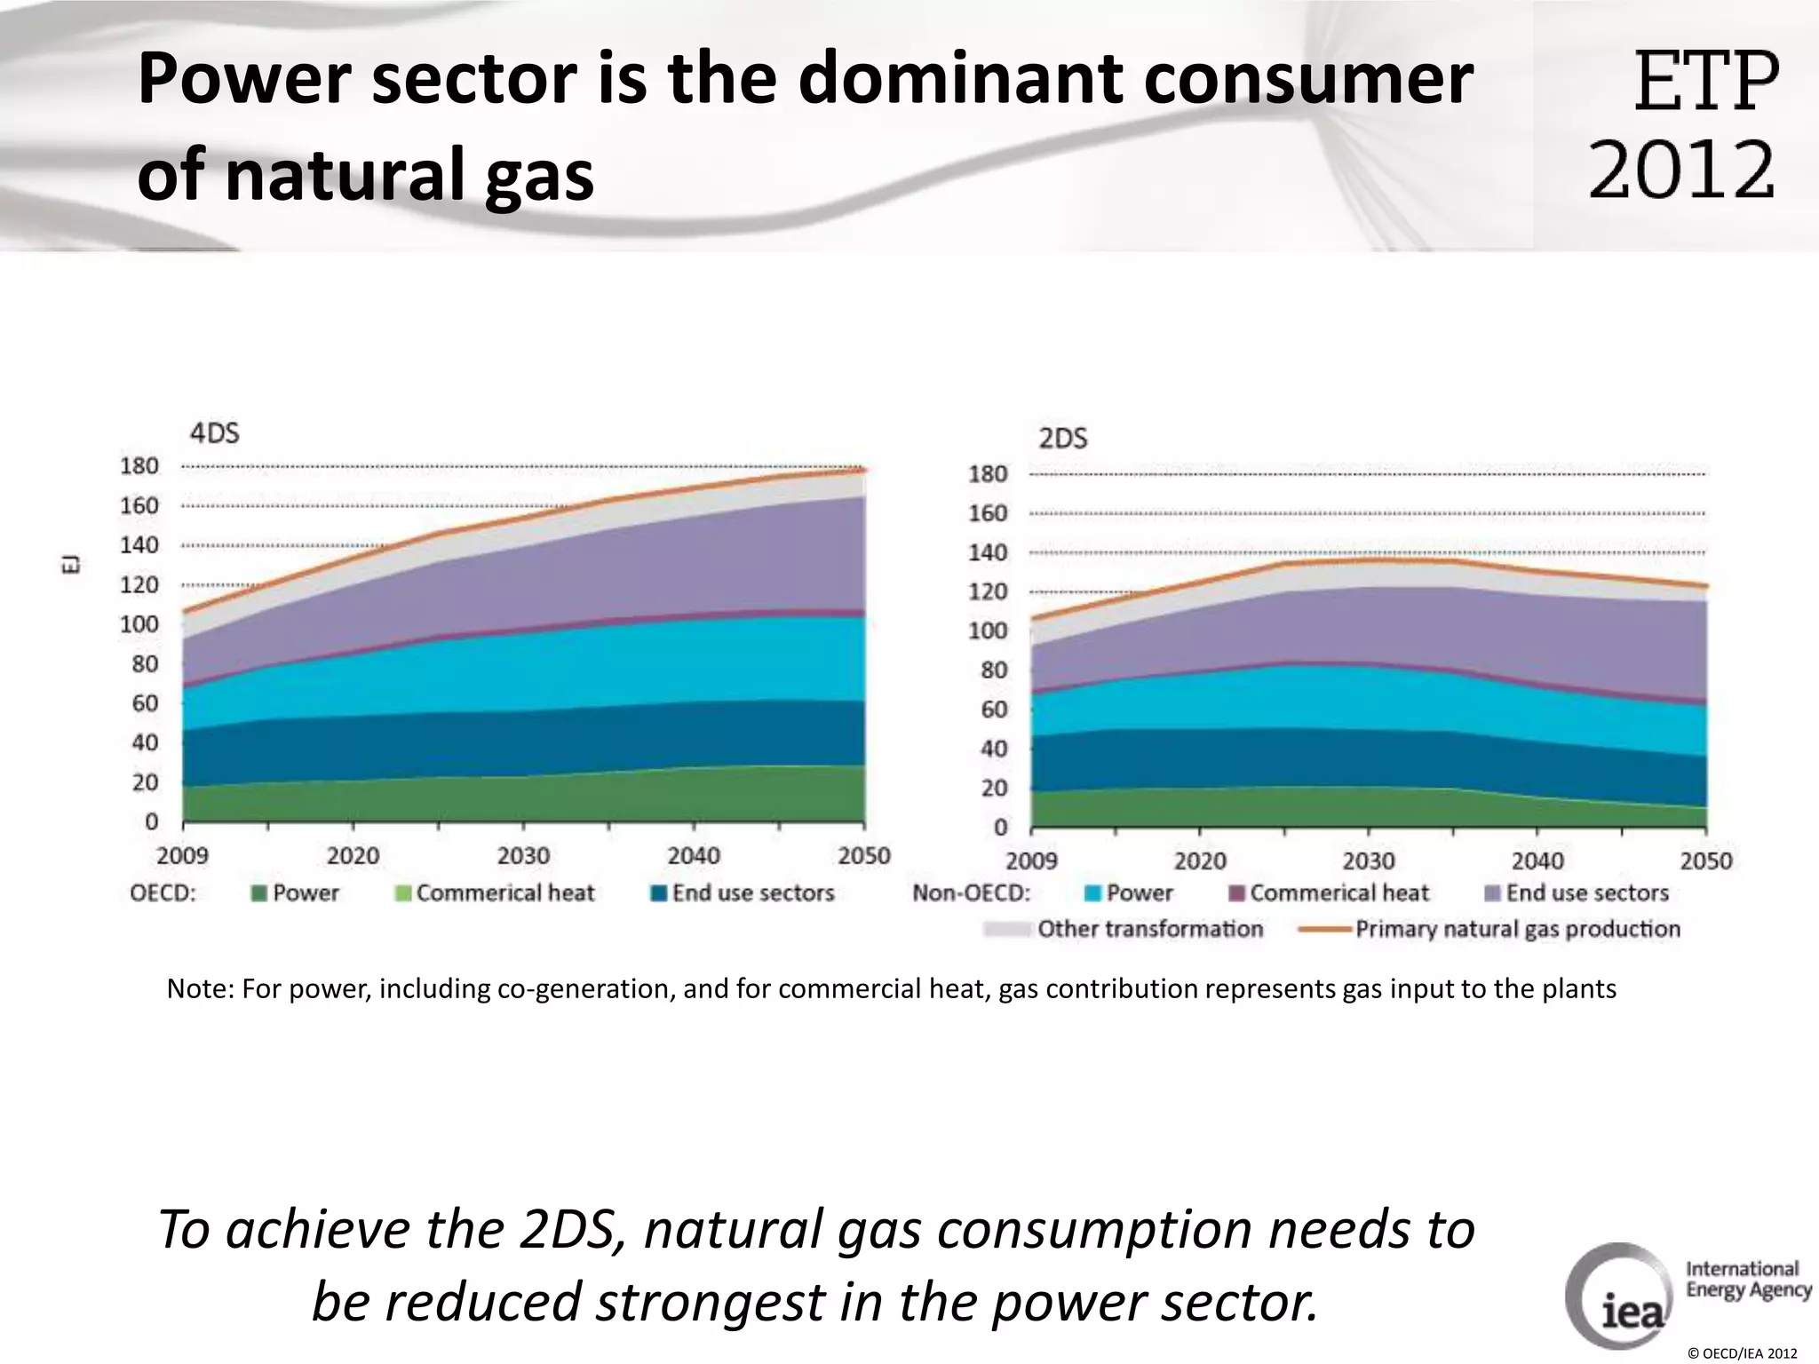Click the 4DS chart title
click(214, 433)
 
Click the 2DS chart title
click(1062, 439)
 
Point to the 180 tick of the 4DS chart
click(139, 466)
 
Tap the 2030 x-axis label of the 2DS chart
click(1368, 860)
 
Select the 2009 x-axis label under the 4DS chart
click(182, 855)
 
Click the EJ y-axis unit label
click(74, 564)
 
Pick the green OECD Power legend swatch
click(259, 893)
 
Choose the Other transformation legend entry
click(1149, 929)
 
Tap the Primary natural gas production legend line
click(1325, 930)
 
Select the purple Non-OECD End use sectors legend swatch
click(1493, 893)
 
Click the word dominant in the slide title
click(959, 80)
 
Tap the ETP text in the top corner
click(1705, 82)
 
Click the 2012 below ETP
click(1680, 170)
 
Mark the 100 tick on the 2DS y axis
click(988, 630)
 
